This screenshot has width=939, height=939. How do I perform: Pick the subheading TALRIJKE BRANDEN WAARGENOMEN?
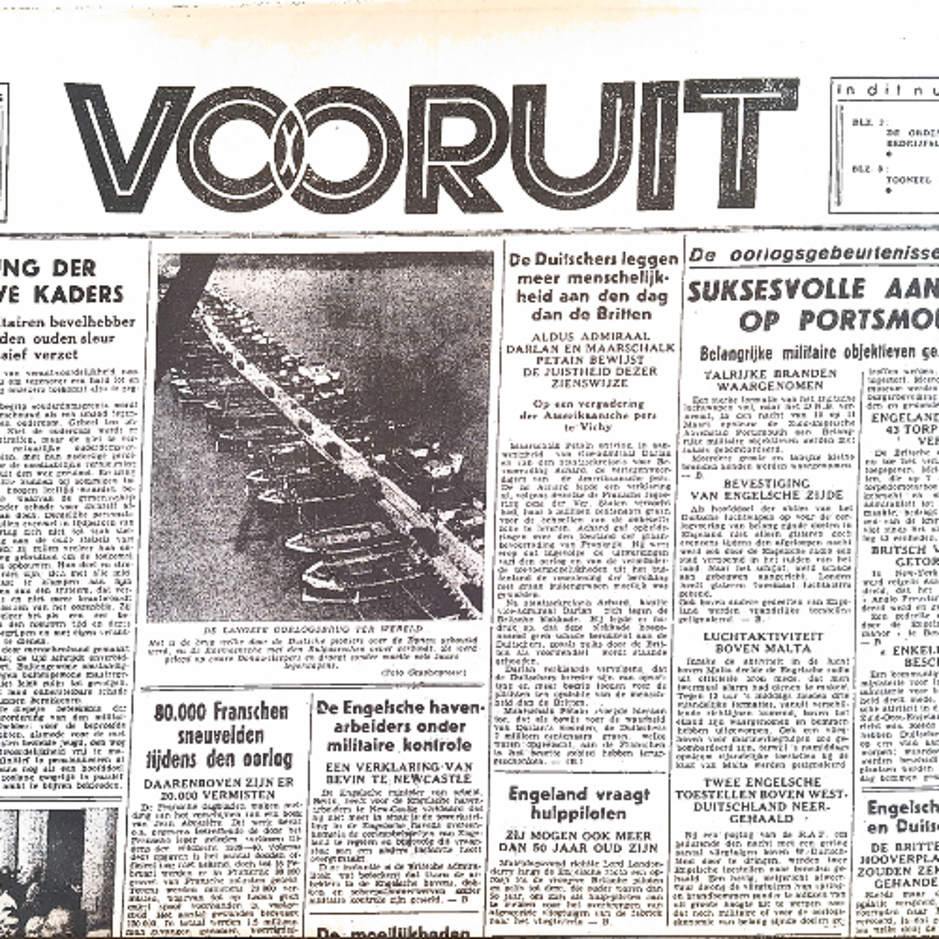point(770,380)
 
